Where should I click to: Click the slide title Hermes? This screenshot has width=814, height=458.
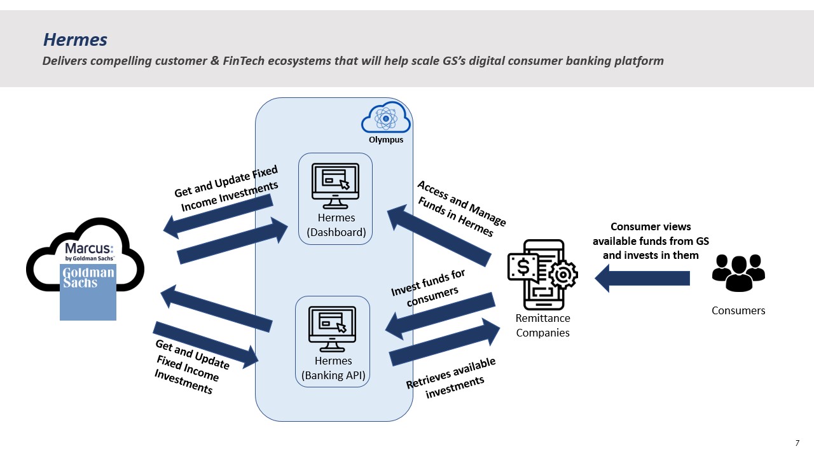[x=75, y=39]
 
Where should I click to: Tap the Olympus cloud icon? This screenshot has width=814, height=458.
[x=386, y=117]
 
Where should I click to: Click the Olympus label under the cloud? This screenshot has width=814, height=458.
[x=386, y=139]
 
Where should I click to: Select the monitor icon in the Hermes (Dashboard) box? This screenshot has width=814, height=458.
[x=335, y=186]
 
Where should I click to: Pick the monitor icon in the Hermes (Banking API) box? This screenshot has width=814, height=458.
[x=332, y=329]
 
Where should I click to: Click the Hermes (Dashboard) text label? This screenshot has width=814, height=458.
[x=336, y=225]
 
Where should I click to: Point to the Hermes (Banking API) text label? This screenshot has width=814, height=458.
[x=333, y=368]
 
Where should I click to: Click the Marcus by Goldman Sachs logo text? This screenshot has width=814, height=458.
[x=89, y=251]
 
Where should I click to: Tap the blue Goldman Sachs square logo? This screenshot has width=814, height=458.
[x=88, y=292]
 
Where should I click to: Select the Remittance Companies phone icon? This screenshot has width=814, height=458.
[x=542, y=274]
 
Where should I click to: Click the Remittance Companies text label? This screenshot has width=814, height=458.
[x=542, y=325]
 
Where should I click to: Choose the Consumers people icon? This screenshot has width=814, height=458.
[x=738, y=273]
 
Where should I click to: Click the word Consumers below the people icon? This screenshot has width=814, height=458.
[x=738, y=310]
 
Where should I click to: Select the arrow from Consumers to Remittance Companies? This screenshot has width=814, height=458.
[x=642, y=279]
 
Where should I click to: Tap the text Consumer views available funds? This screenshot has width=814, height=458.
[x=651, y=241]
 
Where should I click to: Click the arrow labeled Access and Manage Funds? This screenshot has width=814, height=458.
[x=439, y=235]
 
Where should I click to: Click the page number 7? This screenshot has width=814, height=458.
[x=797, y=443]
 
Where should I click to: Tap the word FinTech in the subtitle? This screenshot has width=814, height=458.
[x=243, y=60]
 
